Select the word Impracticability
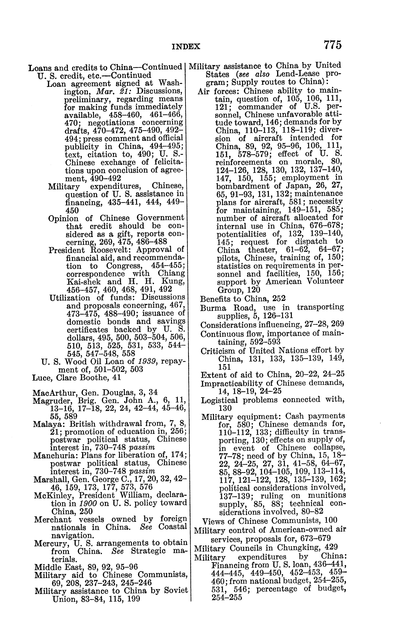237,383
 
